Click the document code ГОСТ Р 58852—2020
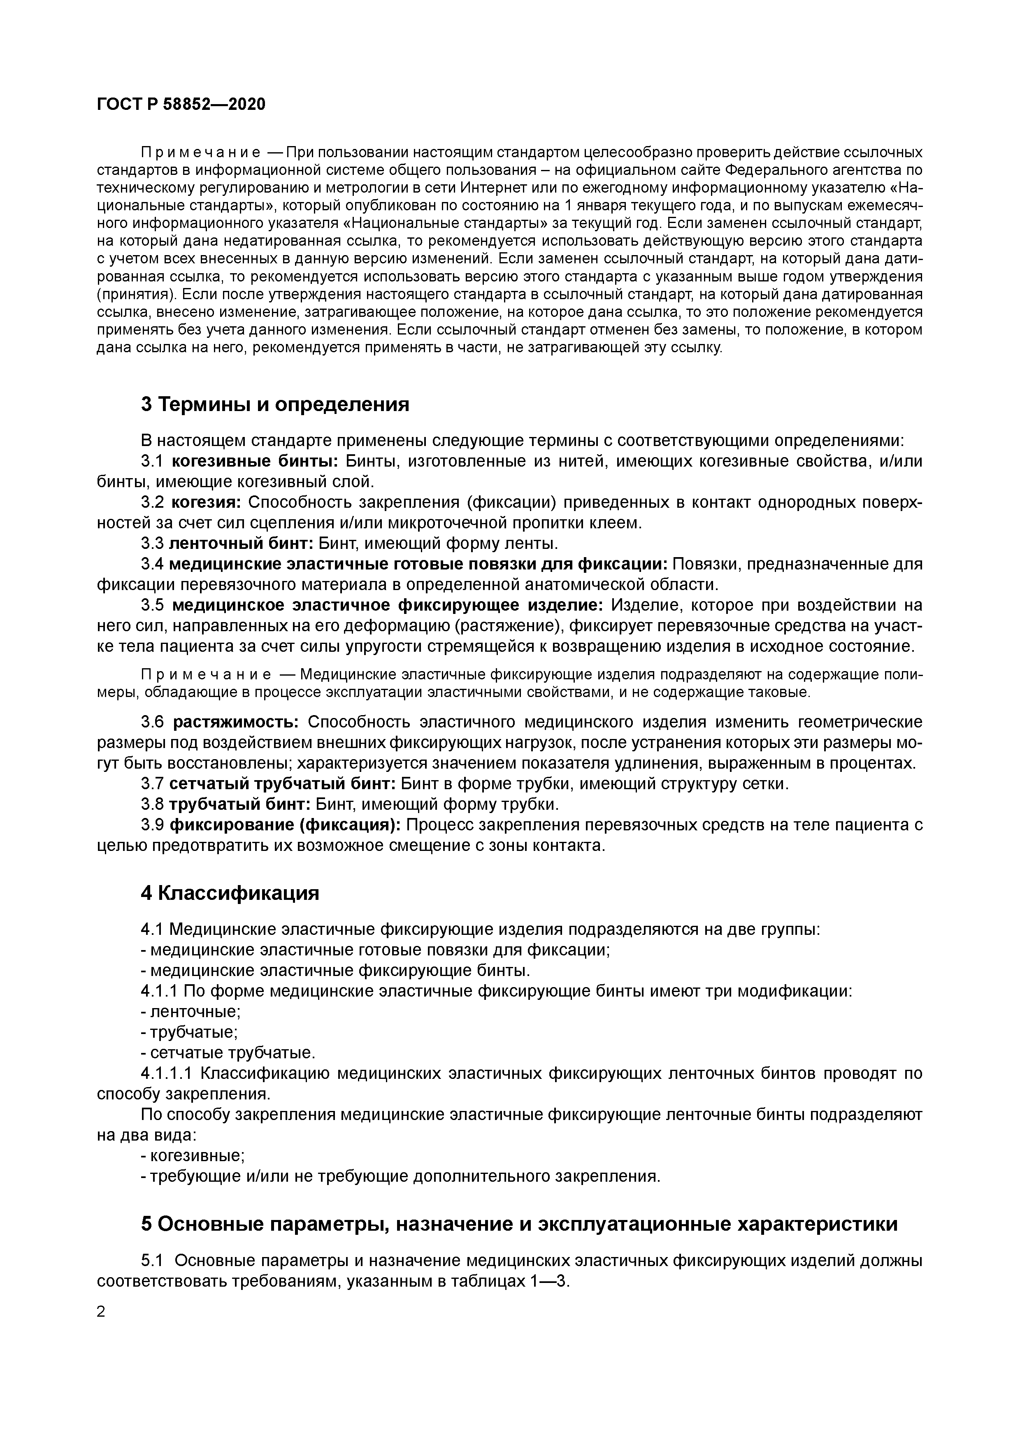pos(181,105)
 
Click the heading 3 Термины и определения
pos(274,404)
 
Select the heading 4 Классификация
pos(230,893)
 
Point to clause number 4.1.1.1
pos(166,1074)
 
